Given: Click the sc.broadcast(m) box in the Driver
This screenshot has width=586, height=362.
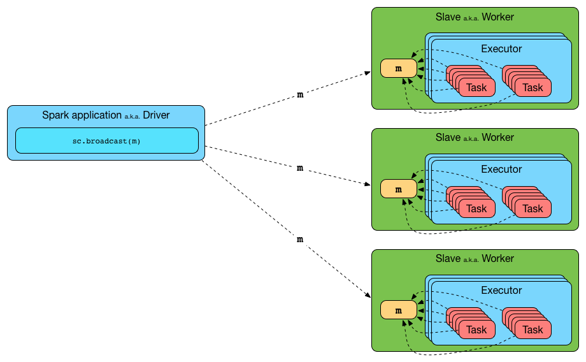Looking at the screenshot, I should pos(106,141).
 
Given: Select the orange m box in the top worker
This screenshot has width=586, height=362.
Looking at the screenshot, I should pos(398,68).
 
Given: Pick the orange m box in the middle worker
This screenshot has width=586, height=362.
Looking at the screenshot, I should pos(398,189).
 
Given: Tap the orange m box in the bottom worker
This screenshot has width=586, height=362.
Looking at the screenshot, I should pos(398,310).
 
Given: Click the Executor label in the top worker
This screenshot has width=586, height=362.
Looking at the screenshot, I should pos(501,48).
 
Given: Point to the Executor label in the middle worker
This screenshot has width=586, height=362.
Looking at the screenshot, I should pos(501,170).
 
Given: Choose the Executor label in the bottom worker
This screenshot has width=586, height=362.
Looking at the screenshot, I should pos(501,291).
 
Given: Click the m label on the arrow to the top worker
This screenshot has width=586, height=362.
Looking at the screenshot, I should pos(300,95).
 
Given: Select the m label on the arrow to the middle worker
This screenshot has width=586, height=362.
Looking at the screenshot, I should pos(300,168).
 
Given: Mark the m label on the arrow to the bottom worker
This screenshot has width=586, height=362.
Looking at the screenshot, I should pos(300,239).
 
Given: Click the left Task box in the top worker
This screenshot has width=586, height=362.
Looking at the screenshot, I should pos(476,87).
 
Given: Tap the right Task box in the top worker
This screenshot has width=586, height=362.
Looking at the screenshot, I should pos(532,87).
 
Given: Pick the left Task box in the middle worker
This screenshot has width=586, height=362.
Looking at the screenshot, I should pos(476,208).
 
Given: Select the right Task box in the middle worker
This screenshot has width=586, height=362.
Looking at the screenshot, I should pos(532,208).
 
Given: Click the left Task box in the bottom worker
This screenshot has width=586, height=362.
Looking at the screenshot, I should pos(476,329).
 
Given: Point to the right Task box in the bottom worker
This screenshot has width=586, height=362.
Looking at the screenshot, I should pos(532,329).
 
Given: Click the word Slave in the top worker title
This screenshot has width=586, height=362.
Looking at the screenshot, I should pos(448,17).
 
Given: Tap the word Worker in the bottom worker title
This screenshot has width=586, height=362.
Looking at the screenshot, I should pos(497,259).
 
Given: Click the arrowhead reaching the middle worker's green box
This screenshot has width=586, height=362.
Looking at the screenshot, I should pos(368,185).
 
